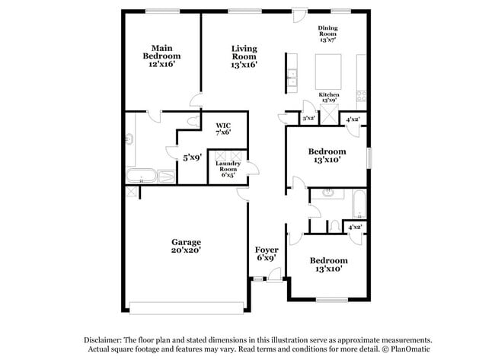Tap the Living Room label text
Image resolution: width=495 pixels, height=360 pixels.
[244, 57]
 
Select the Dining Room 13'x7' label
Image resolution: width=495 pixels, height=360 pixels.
[327, 34]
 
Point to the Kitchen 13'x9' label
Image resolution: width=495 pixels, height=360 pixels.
[329, 97]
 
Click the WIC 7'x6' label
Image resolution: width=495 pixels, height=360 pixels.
[223, 129]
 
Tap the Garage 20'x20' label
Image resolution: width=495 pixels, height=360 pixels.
[186, 246]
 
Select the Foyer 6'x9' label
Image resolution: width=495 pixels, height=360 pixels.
[266, 253]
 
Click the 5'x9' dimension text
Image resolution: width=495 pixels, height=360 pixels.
[192, 158]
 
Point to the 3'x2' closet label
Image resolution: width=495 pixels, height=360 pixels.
[308, 119]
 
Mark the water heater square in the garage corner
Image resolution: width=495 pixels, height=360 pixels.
[131, 192]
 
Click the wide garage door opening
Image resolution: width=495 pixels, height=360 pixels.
[186, 307]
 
